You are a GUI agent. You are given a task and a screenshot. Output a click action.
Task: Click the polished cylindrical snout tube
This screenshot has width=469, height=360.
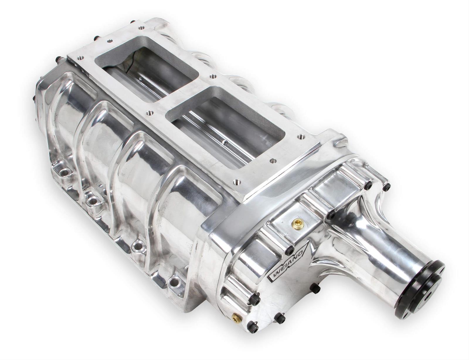[x=390, y=258]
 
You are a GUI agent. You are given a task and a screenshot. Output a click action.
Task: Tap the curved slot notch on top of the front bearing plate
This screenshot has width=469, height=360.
[x=341, y=144]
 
